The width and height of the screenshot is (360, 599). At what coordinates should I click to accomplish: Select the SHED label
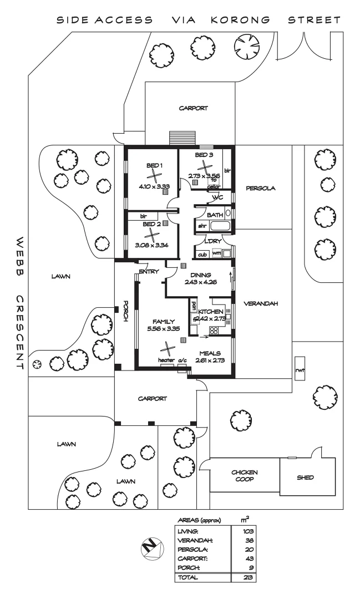click(x=306, y=477)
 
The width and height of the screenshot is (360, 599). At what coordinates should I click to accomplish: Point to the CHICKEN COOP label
click(x=245, y=476)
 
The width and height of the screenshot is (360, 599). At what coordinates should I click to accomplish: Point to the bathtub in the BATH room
click(x=219, y=226)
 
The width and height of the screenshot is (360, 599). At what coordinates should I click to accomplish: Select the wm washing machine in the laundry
click(x=216, y=253)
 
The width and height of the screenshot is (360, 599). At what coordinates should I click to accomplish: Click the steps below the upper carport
click(x=178, y=137)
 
